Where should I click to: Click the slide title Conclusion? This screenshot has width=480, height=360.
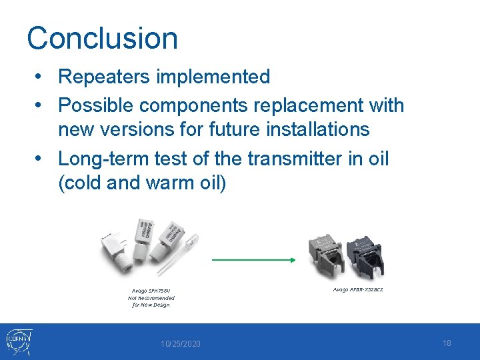point(102,38)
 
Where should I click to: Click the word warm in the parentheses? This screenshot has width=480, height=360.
point(171,182)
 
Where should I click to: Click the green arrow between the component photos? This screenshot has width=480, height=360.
point(254,261)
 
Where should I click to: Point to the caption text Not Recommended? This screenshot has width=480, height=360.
point(151,298)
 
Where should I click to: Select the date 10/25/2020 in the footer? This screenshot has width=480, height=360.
point(180,343)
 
